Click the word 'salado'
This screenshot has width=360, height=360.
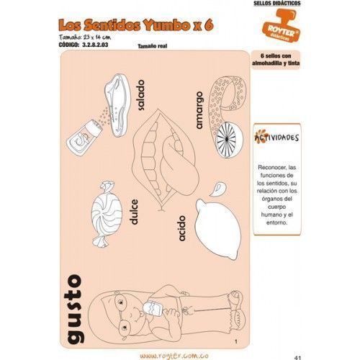tap(141, 95)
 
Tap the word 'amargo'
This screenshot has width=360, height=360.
tap(199, 110)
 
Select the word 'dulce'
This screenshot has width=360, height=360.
tap(134, 212)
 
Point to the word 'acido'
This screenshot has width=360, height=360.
tap(182, 228)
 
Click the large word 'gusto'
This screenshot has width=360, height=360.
tap(75, 310)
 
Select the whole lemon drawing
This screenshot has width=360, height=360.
tap(218, 229)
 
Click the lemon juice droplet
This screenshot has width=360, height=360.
tap(217, 189)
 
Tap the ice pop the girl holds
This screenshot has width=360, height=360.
tap(153, 308)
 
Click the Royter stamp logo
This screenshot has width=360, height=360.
tap(281, 26)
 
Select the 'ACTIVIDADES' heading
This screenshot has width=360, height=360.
tap(276, 137)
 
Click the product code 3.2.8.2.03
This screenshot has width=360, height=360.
tap(84, 45)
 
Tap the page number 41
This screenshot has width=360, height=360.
tap(297, 358)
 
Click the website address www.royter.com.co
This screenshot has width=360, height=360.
tap(174, 356)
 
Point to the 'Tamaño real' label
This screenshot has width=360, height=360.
tap(153, 46)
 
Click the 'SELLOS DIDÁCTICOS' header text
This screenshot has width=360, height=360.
tap(277, 3)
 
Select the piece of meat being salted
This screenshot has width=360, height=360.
tap(117, 105)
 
